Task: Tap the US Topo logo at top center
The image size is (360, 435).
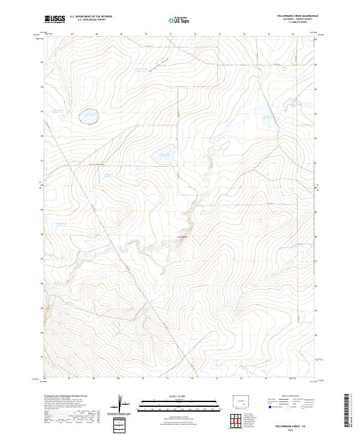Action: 180,19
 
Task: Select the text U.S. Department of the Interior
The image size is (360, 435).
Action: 91,16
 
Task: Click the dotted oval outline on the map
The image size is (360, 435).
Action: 89,116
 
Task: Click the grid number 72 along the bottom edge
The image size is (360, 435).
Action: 192,379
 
